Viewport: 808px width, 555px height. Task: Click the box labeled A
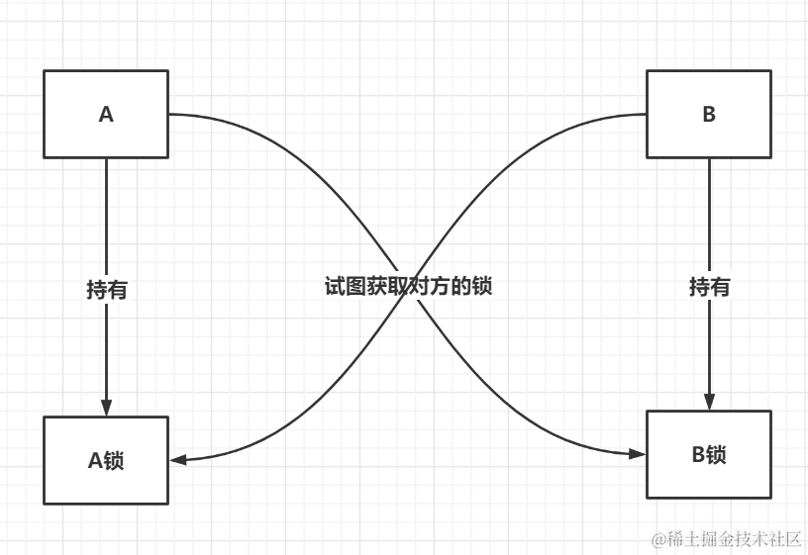(x=106, y=114)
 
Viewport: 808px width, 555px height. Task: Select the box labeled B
(x=708, y=114)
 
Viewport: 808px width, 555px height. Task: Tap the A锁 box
(x=106, y=460)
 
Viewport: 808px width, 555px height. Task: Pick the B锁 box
(x=708, y=454)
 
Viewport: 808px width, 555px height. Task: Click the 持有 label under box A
(x=106, y=290)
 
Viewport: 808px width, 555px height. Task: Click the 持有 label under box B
(x=709, y=287)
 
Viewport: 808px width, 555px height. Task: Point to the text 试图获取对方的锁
(x=408, y=287)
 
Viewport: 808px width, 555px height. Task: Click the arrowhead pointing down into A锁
(x=106, y=408)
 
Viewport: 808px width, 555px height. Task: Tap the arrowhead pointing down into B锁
(x=709, y=401)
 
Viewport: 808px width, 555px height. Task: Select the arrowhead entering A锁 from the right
(x=178, y=460)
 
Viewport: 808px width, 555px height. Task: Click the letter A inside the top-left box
(x=106, y=114)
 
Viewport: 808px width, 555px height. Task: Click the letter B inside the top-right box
(x=708, y=114)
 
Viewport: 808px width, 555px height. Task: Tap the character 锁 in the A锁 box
(x=114, y=460)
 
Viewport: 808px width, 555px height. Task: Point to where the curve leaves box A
(x=170, y=115)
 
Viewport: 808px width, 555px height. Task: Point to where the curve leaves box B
(x=645, y=115)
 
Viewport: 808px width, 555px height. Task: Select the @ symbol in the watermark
(x=658, y=539)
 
